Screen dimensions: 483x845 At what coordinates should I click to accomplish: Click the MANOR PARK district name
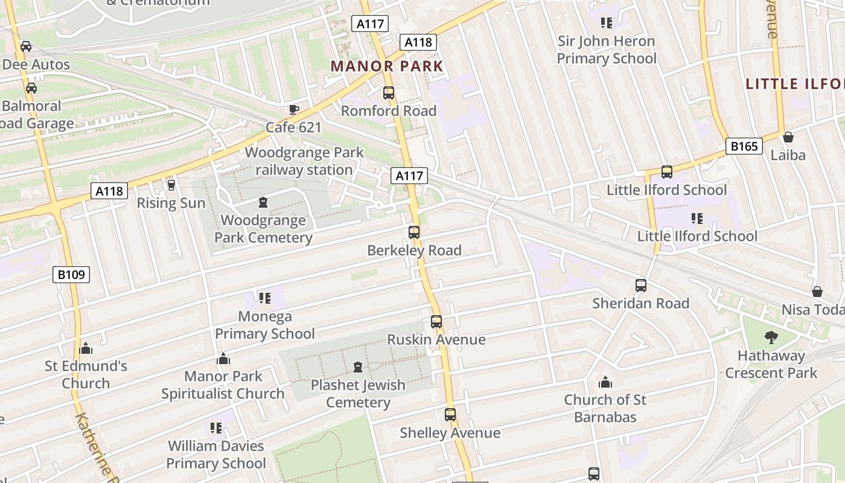click(387, 66)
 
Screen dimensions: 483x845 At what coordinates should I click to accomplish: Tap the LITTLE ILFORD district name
click(795, 84)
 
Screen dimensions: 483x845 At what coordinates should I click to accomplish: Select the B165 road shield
click(744, 146)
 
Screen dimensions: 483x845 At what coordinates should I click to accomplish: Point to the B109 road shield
click(71, 275)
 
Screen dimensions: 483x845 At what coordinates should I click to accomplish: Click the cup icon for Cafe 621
click(293, 109)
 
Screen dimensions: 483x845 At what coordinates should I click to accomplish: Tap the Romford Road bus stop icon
click(389, 93)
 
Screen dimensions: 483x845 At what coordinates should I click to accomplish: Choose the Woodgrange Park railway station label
click(304, 161)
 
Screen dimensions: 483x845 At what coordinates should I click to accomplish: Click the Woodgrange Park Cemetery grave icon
click(263, 202)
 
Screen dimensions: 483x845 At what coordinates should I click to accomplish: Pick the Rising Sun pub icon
click(171, 185)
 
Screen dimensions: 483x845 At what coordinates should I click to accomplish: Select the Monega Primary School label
click(265, 325)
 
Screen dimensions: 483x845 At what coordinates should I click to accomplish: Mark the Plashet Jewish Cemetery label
click(358, 394)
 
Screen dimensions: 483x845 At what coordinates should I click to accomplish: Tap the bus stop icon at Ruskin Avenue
click(436, 322)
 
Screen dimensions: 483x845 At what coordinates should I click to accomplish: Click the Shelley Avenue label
click(450, 433)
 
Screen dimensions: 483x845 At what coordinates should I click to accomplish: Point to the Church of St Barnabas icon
click(605, 382)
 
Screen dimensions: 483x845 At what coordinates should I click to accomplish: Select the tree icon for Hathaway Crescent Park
click(771, 337)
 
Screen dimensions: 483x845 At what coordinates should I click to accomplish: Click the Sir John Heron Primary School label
click(606, 50)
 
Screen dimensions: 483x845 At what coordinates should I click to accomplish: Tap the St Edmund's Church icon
click(86, 348)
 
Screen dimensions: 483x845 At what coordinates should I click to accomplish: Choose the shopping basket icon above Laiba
click(788, 137)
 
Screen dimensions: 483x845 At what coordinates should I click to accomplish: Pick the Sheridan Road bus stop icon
click(641, 286)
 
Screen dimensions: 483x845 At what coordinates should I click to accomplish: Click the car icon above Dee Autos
click(26, 46)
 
